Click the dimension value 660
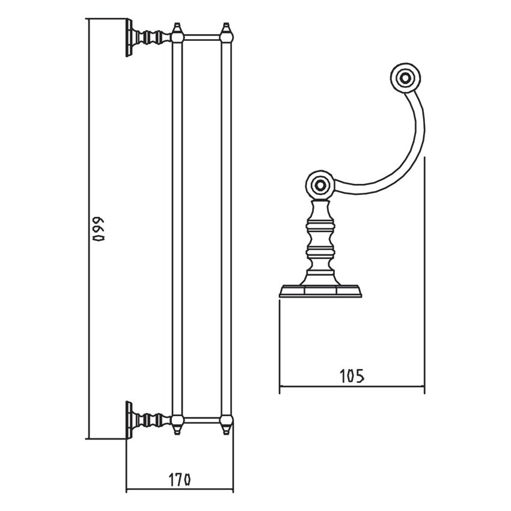point(99,229)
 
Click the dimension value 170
point(180,480)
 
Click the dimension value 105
point(352,376)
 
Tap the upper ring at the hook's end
point(405,78)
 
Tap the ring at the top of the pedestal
point(320,185)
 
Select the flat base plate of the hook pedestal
point(320,291)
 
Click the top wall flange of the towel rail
point(129,38)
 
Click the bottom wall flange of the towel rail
point(129,420)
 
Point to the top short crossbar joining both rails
point(203,37)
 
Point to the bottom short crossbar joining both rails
point(203,420)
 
